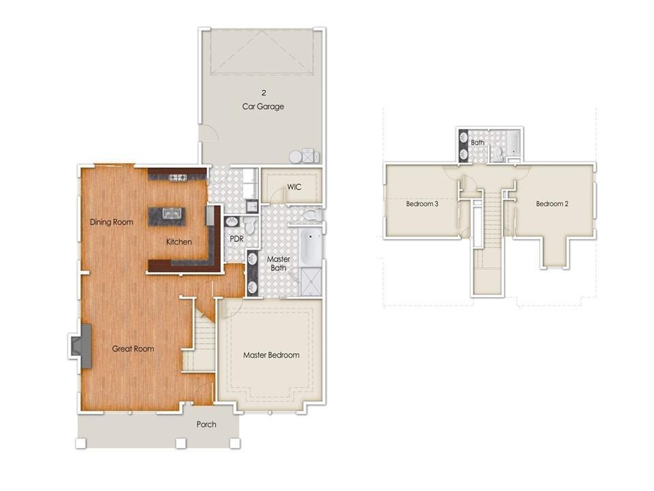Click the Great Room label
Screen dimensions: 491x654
click(133, 348)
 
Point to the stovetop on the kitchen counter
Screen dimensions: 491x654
click(178, 178)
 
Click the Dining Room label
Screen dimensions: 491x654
click(111, 222)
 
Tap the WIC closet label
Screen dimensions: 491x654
click(294, 186)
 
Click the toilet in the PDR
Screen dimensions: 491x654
click(250, 225)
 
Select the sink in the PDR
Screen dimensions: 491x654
click(231, 222)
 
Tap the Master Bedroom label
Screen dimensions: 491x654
click(271, 355)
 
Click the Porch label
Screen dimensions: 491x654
click(206, 424)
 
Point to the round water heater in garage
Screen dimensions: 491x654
click(296, 157)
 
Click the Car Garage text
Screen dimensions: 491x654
click(263, 106)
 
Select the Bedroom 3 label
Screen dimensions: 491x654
click(422, 204)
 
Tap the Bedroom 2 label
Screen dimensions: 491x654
click(552, 204)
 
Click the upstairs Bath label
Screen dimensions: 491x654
click(478, 143)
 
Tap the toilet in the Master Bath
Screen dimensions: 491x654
click(313, 215)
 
